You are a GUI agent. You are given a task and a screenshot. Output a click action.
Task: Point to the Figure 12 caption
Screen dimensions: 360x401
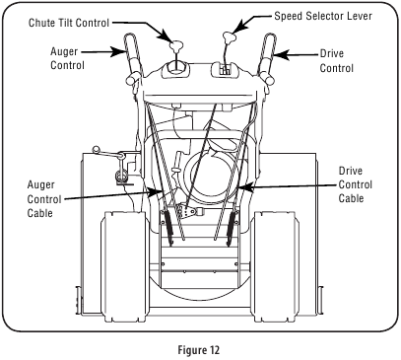pyautogui.click(x=200, y=347)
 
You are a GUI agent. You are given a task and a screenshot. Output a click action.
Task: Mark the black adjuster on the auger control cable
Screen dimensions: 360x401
pyautogui.click(x=169, y=231)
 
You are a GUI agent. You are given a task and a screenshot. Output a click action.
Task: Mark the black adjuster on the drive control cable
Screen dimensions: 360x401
pyautogui.click(x=232, y=231)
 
